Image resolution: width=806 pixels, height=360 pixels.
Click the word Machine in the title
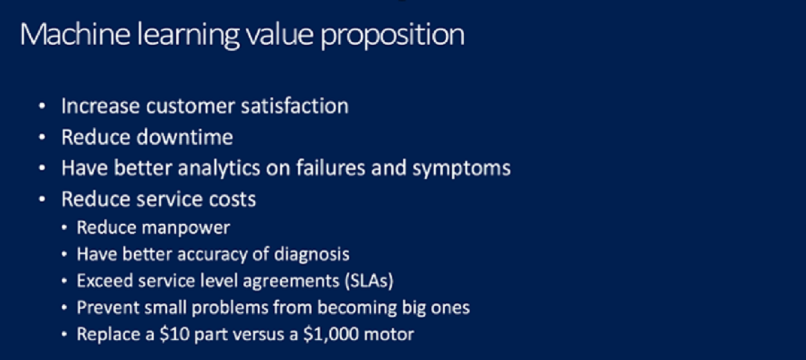coord(75,34)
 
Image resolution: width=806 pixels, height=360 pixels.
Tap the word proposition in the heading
coord(393,36)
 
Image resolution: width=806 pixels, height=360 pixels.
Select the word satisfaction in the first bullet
coord(295,106)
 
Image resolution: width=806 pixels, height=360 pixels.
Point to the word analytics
coord(219,168)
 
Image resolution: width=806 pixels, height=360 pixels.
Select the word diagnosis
coord(311,255)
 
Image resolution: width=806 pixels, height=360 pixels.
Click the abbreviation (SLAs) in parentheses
coord(369,281)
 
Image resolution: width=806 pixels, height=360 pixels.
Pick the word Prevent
coord(108,307)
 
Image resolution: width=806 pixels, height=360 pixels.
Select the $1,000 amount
coord(331,334)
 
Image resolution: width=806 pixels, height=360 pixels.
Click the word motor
coord(389,335)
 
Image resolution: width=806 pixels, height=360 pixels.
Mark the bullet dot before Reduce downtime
coord(42,137)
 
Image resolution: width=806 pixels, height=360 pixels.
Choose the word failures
coord(331,168)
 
